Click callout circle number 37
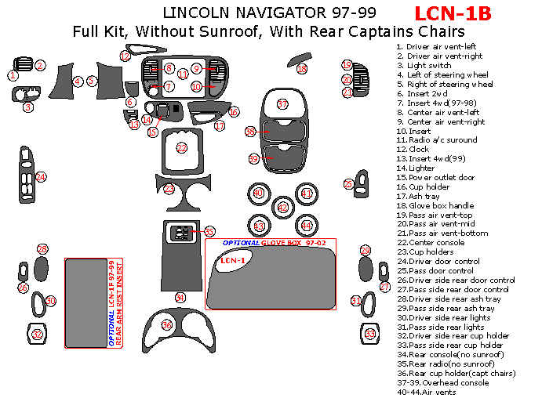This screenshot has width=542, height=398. [x=283, y=104]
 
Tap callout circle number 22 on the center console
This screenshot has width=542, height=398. [x=182, y=147]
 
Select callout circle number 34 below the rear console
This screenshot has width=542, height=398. [x=180, y=298]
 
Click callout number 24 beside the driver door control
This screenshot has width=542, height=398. [x=42, y=177]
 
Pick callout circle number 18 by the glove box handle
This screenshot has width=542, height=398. [x=302, y=69]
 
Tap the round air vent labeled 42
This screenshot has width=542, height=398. [x=283, y=208]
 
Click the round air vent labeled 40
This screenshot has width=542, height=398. [x=259, y=193]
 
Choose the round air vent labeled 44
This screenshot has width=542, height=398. [x=307, y=226]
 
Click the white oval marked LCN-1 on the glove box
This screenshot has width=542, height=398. [x=231, y=260]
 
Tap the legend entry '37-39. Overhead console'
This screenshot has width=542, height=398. [x=443, y=382]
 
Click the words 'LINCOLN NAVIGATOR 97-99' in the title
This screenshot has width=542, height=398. [x=269, y=13]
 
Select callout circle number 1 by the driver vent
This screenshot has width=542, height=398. [x=13, y=76]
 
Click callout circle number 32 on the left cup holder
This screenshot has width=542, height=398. [x=36, y=335]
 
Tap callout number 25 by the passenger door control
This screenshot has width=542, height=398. [x=349, y=184]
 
